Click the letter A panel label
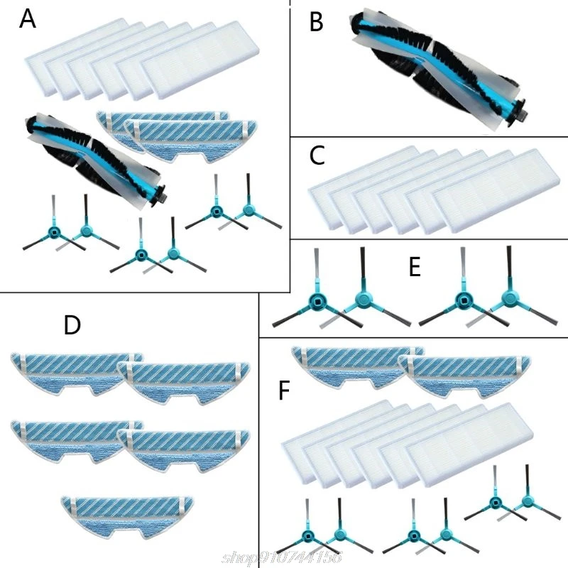point(27,19)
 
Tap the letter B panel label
point(317,23)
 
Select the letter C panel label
point(317,154)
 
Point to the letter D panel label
point(72,325)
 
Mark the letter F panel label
point(284,392)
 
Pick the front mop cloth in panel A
point(192,138)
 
